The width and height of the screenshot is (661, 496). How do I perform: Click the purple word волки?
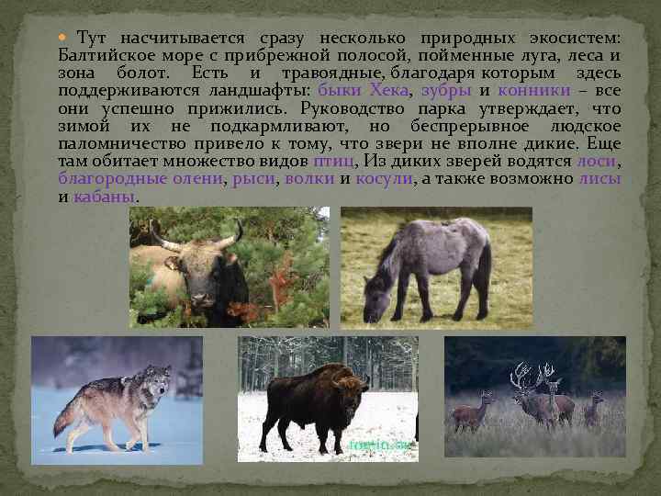coord(309,177)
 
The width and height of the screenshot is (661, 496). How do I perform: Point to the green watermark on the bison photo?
coord(373,445)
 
